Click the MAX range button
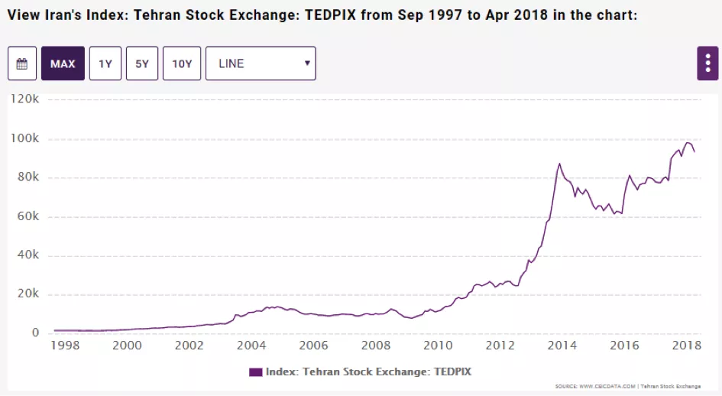tap(63, 63)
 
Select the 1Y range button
tap(105, 63)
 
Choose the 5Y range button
tap(143, 63)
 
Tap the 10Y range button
tap(182, 63)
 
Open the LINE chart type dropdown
tap(261, 63)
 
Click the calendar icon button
tap(22, 63)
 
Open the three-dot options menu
tap(707, 63)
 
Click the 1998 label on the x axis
tap(65, 346)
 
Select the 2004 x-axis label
tap(251, 346)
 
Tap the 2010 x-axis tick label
tap(438, 346)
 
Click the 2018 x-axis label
tap(686, 346)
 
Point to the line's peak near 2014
tap(559, 164)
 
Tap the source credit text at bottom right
tap(627, 386)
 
